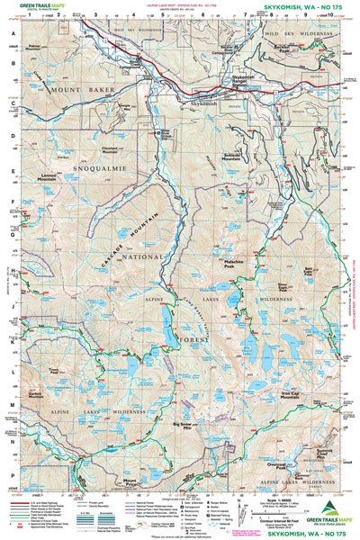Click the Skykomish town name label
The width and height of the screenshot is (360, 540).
click(205, 105)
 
